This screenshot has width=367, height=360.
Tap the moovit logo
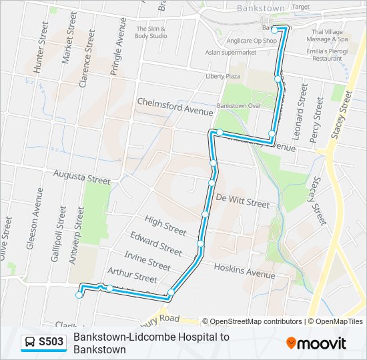[316, 343]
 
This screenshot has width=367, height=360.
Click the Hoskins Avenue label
[244, 270]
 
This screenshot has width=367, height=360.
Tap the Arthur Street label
[132, 275]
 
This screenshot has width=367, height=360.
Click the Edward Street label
[156, 243]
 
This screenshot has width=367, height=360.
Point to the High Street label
[165, 227]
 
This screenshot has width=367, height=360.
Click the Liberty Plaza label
[223, 77]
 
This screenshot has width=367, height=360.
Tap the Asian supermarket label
[231, 53]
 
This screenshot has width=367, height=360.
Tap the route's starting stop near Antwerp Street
[79, 295]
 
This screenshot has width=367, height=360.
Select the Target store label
[301, 7]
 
